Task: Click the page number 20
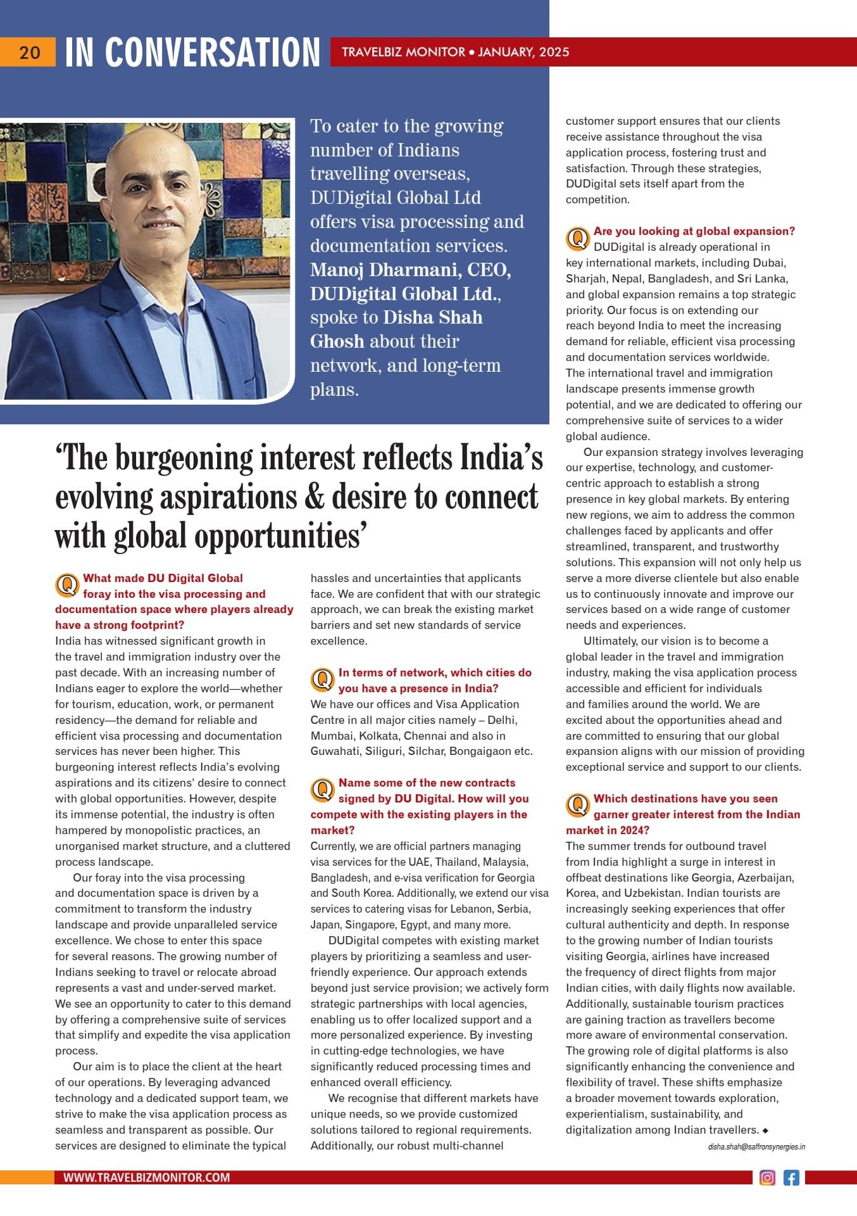click(x=29, y=53)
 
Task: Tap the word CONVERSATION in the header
click(x=213, y=53)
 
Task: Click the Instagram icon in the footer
click(x=767, y=1177)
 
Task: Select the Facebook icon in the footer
click(x=791, y=1177)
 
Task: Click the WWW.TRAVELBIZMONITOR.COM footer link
click(x=146, y=1177)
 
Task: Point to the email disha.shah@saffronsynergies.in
click(x=756, y=1146)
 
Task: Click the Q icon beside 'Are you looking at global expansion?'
click(x=577, y=239)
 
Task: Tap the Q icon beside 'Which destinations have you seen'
click(x=577, y=806)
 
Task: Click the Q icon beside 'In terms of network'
click(x=322, y=680)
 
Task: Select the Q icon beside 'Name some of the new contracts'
click(x=322, y=790)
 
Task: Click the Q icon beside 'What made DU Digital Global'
click(x=66, y=585)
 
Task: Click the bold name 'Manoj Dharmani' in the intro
click(x=385, y=270)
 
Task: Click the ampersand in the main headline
click(x=314, y=497)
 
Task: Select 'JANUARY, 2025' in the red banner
click(x=523, y=52)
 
